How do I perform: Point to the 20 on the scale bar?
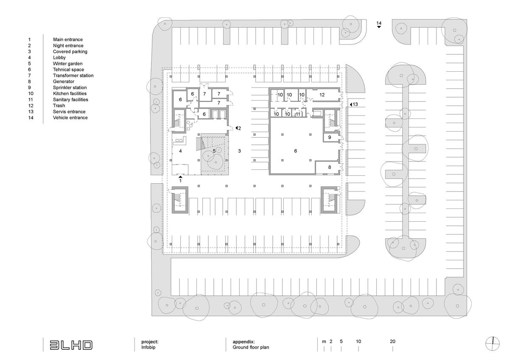pyautogui.click(x=392, y=341)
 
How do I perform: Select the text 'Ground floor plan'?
pyautogui.click(x=251, y=347)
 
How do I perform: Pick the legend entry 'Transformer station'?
pyautogui.click(x=73, y=76)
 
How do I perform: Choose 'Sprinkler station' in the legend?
pyautogui.click(x=70, y=87)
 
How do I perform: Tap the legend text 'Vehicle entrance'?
pyautogui.click(x=70, y=118)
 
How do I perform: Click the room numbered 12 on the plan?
pyautogui.click(x=322, y=95)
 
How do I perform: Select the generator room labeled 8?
pyautogui.click(x=329, y=167)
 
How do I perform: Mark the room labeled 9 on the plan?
pyautogui.click(x=329, y=138)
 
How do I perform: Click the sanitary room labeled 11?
pyautogui.click(x=298, y=114)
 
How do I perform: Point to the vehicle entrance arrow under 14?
pyautogui.click(x=379, y=27)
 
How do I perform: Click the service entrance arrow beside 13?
pyautogui.click(x=350, y=104)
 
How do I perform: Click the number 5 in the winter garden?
pyautogui.click(x=214, y=151)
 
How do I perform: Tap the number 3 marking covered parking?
pyautogui.click(x=239, y=151)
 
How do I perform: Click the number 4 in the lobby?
pyautogui.click(x=180, y=151)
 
